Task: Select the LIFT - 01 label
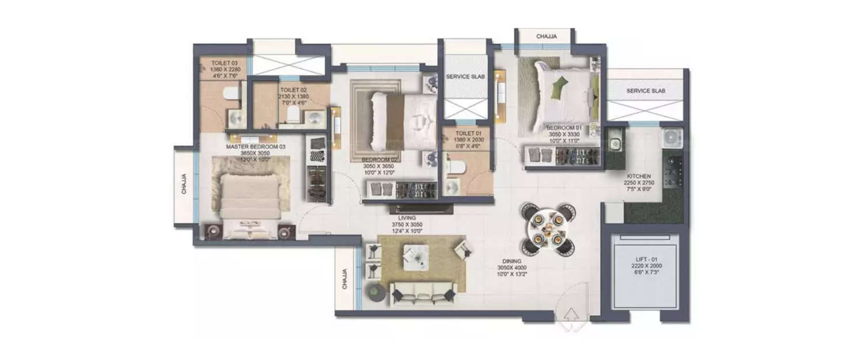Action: point(645,263)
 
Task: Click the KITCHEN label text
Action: point(639,176)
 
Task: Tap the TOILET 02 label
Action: point(294,90)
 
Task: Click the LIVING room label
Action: point(407,218)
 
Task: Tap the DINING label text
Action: point(511,261)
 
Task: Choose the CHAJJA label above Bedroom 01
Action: point(546,36)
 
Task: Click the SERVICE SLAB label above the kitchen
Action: point(646,91)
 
